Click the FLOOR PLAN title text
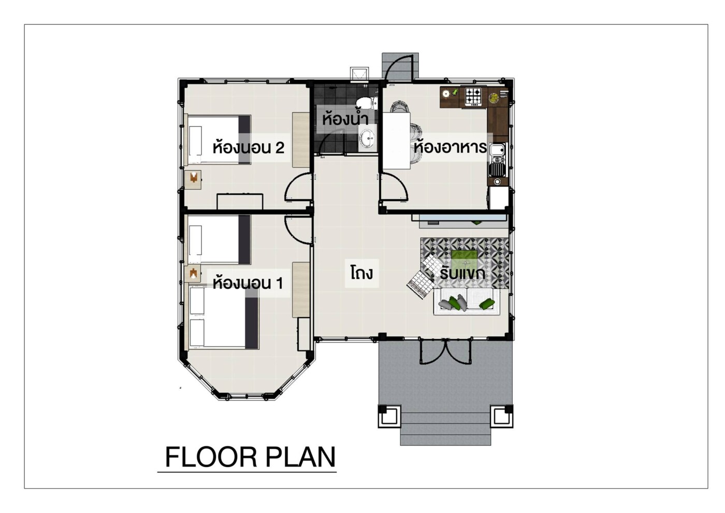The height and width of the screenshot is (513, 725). click(x=250, y=457)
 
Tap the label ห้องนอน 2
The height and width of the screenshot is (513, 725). click(x=248, y=148)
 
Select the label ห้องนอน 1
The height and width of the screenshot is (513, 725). click(x=248, y=283)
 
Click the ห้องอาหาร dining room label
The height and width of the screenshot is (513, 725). click(x=450, y=147)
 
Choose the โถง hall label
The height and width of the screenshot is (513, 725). click(x=361, y=273)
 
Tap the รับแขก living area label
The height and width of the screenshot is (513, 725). click(x=462, y=274)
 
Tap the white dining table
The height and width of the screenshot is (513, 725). click(x=397, y=140)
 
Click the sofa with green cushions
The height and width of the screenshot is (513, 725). click(x=467, y=302)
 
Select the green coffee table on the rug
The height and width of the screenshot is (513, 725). click(x=465, y=259)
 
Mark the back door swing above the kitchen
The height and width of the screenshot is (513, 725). click(x=400, y=67)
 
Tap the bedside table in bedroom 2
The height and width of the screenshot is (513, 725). click(x=193, y=180)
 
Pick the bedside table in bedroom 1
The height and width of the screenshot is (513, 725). click(x=193, y=274)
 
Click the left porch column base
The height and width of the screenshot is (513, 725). click(x=389, y=417)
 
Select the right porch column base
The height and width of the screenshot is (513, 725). click(x=502, y=417)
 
